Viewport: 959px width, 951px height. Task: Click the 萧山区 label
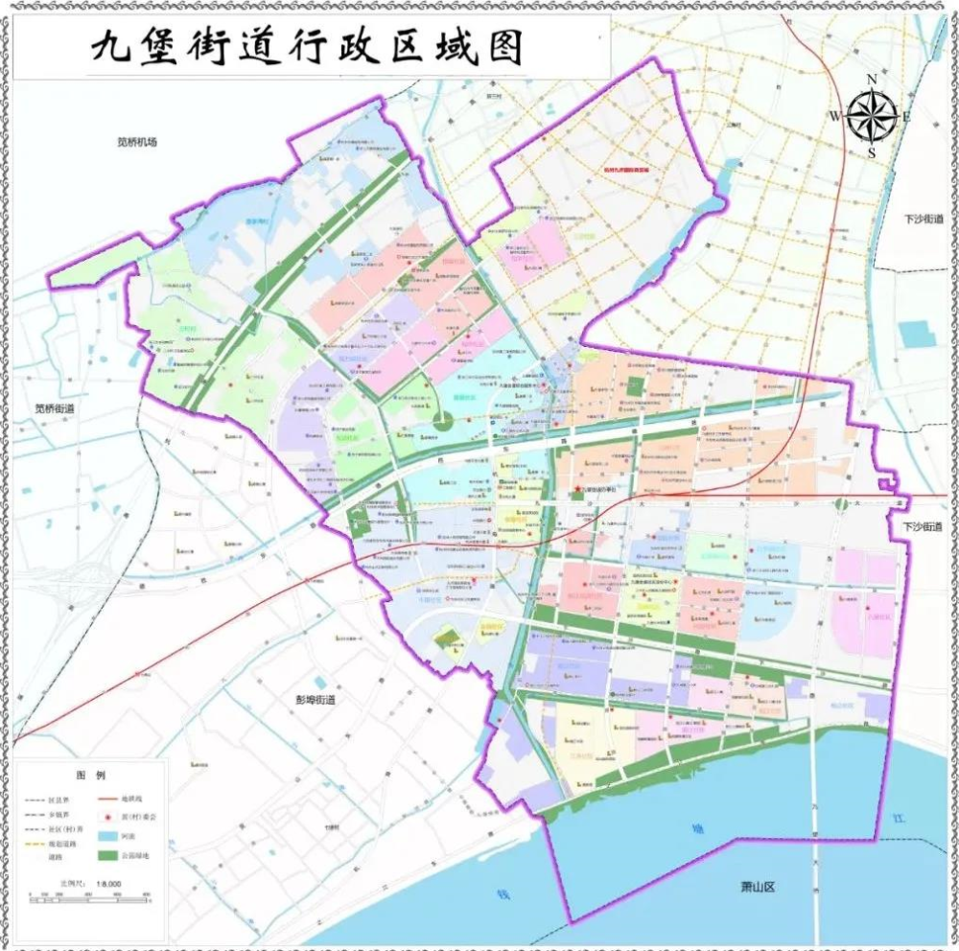[757, 887]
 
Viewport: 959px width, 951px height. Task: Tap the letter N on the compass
[872, 80]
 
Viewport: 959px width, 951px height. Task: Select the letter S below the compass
[872, 152]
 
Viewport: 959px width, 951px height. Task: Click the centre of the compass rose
[872, 116]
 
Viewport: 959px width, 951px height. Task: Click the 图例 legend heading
[90, 774]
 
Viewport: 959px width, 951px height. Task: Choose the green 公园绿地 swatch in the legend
[107, 853]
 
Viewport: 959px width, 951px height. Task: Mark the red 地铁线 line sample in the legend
[107, 798]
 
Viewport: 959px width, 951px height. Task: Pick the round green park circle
[443, 419]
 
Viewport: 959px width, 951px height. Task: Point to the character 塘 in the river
[698, 828]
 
